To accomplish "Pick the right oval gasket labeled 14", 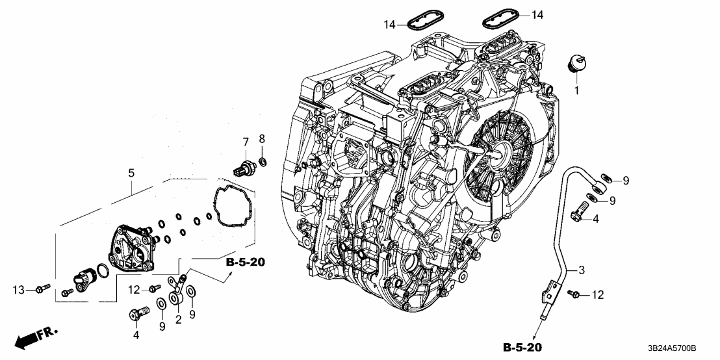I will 500,19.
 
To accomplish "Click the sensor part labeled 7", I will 245,167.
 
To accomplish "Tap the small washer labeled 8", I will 262,161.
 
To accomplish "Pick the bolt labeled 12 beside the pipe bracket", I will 574,294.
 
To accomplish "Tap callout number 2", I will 178,319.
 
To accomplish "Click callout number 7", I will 246,142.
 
